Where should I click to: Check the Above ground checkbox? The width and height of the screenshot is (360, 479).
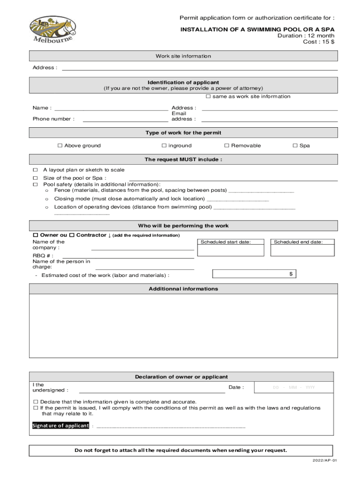pos(60,145)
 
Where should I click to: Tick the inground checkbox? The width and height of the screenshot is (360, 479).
pos(164,145)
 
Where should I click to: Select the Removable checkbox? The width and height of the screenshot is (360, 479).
pos(227,145)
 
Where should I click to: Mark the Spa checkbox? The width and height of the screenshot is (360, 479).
pos(295,145)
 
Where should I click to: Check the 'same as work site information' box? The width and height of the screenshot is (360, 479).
pos(209,96)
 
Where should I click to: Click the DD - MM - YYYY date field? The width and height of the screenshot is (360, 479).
pos(294,387)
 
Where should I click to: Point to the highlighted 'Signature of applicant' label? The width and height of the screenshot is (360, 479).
pos(60,426)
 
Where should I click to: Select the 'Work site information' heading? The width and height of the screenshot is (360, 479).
pos(183,56)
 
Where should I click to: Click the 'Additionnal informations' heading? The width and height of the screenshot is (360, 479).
pos(183,289)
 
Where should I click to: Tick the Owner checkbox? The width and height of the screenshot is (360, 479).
pos(35,235)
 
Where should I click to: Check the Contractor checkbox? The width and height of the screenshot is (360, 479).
pos(72,235)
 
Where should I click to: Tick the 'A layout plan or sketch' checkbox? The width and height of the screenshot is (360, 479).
pos(35,170)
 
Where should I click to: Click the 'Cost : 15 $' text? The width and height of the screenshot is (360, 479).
pos(319,42)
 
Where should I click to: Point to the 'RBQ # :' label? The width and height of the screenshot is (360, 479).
pos(43,256)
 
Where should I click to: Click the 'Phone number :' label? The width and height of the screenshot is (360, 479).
pos(53,119)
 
